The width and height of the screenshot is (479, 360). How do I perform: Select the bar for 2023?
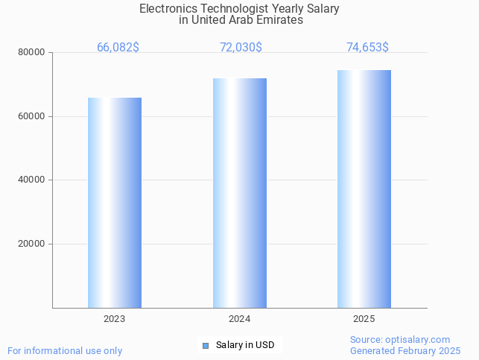pyautogui.click(x=115, y=203)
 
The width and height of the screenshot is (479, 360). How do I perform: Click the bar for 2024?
pyautogui.click(x=239, y=193)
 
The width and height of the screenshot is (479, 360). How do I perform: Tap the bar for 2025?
pyautogui.click(x=364, y=189)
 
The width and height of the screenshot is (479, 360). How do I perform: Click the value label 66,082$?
pyautogui.click(x=118, y=48)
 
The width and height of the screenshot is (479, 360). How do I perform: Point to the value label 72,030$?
pyautogui.click(x=241, y=48)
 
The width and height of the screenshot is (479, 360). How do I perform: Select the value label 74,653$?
pyautogui.click(x=367, y=48)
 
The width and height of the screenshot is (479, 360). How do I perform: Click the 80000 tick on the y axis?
pyautogui.click(x=31, y=53)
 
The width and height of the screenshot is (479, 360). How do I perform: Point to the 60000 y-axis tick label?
pyautogui.click(x=31, y=116)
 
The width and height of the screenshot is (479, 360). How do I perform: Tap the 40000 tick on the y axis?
pyautogui.click(x=31, y=180)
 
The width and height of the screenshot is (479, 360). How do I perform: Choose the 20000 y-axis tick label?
pyautogui.click(x=31, y=244)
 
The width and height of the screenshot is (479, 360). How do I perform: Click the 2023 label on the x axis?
pyautogui.click(x=115, y=319)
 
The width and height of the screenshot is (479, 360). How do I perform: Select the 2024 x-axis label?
pyautogui.click(x=239, y=319)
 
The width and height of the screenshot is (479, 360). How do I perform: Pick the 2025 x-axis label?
pyautogui.click(x=364, y=319)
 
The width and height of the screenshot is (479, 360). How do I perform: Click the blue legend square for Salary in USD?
pyautogui.click(x=206, y=345)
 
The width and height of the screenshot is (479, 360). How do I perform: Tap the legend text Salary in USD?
pyautogui.click(x=245, y=345)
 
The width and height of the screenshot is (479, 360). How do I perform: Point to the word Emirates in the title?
pyautogui.click(x=279, y=20)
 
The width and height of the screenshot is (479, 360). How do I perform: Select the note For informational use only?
pyautogui.click(x=65, y=350)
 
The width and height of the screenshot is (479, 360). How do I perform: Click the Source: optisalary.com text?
pyautogui.click(x=400, y=339)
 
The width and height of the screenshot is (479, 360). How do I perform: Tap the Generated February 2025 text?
pyautogui.click(x=405, y=350)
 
